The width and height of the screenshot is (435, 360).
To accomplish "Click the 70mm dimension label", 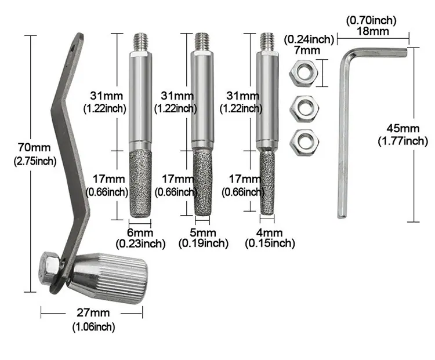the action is coord(34,148).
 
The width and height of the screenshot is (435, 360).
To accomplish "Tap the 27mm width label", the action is coord(93,313).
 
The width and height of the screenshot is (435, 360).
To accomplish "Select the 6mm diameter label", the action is coord(140,232).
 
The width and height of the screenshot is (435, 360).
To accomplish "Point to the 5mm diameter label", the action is coord(203,232).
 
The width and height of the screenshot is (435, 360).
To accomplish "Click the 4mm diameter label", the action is coord(269,232).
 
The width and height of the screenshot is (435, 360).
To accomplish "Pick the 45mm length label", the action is coord(403,129).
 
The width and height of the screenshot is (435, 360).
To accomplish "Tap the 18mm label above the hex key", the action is coord(372,31).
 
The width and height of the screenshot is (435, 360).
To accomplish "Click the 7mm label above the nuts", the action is coord(307,50).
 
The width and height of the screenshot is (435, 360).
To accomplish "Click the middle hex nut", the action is coord(304,109).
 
